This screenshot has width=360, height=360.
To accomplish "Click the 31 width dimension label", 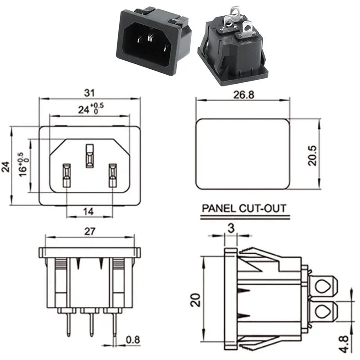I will click(x=89, y=93).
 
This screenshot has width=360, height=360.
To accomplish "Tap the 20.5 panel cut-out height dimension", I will click(x=313, y=155).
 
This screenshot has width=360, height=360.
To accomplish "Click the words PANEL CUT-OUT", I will click(x=244, y=209).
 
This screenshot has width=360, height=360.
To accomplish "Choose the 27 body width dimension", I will click(x=89, y=231).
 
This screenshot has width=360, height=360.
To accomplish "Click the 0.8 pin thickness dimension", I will click(x=132, y=339).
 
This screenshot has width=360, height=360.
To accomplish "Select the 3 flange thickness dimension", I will click(x=231, y=228).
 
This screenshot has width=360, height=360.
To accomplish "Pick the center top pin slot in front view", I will click(x=89, y=155).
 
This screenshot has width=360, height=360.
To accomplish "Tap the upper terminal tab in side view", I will click(x=323, y=286).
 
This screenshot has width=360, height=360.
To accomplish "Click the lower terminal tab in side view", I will click(x=323, y=311).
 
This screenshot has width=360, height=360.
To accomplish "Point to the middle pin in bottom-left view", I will click(x=91, y=324).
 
